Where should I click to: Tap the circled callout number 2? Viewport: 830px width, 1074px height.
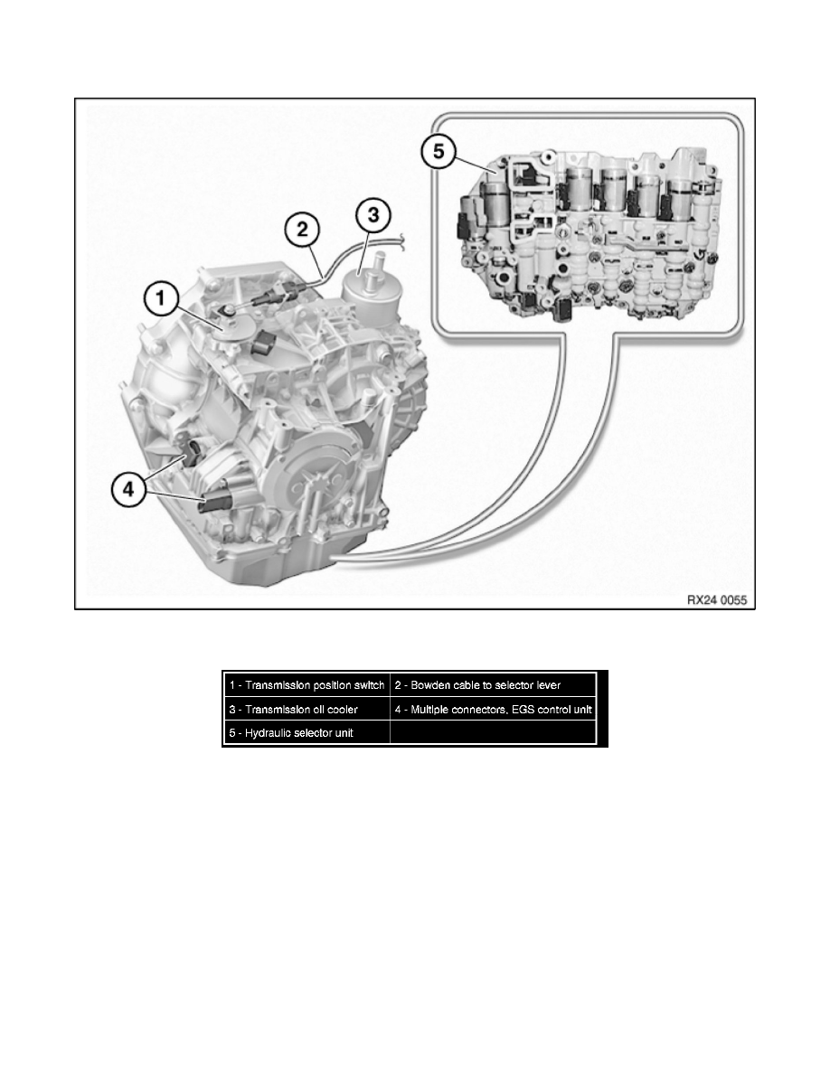(302, 227)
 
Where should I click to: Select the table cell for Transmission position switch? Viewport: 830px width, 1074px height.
(307, 684)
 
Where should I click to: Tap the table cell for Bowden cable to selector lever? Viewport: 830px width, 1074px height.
(494, 684)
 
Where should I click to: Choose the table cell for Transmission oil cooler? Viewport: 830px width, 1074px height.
(307, 709)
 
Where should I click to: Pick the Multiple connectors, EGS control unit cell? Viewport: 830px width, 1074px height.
(494, 709)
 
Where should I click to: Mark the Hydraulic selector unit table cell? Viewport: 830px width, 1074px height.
(307, 732)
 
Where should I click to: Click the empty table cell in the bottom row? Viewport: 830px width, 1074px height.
(494, 732)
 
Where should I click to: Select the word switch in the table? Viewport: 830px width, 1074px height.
(370, 684)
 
